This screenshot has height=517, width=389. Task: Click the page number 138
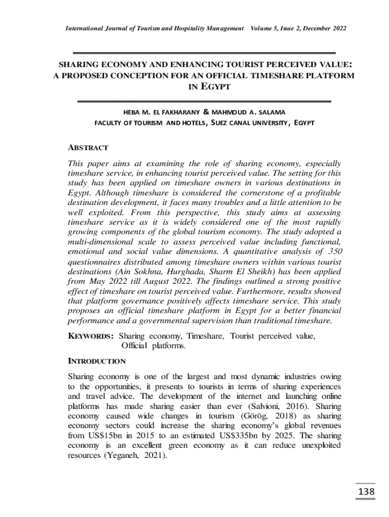tap(366, 491)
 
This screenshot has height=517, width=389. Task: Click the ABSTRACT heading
tap(88, 148)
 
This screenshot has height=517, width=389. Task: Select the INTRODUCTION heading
tap(96, 361)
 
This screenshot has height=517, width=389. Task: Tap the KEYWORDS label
tap(90, 336)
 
